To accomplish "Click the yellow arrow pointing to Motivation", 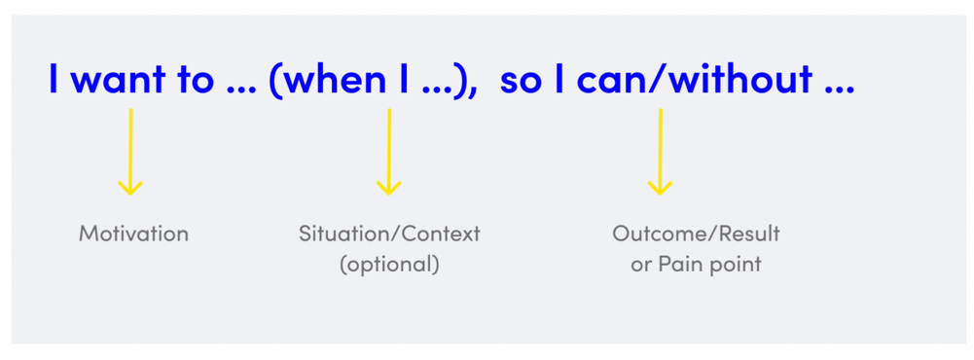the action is pyautogui.click(x=130, y=152).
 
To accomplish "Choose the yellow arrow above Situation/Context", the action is pyautogui.click(x=389, y=152).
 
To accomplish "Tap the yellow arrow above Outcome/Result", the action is pyautogui.click(x=660, y=152).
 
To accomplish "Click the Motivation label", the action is pyautogui.click(x=133, y=234).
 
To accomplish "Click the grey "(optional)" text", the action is pyautogui.click(x=389, y=265).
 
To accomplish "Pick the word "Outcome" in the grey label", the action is pyautogui.click(x=652, y=234).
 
